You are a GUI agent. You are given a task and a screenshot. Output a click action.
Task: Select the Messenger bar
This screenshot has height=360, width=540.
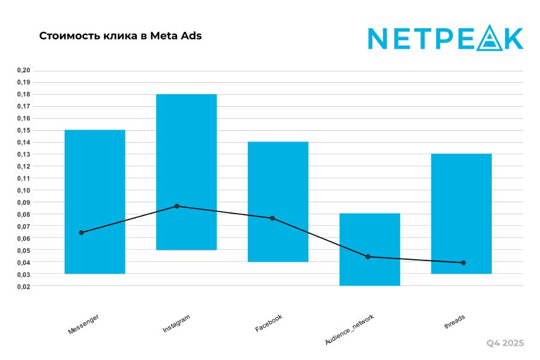click(x=95, y=180)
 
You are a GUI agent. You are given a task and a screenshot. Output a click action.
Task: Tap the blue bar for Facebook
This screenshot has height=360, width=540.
click(x=278, y=180)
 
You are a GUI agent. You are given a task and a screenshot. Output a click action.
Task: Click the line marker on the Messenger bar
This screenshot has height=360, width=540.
click(x=82, y=233)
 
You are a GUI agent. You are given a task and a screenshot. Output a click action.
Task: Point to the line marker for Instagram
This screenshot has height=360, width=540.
click(x=177, y=206)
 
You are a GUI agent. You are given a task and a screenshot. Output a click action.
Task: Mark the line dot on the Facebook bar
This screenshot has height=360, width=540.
click(x=272, y=218)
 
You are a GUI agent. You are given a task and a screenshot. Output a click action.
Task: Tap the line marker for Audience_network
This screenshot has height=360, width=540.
click(x=368, y=257)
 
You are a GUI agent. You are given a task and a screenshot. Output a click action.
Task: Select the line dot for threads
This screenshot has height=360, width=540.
click(x=463, y=263)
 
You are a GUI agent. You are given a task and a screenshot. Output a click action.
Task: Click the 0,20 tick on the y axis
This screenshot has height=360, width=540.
click(x=24, y=70)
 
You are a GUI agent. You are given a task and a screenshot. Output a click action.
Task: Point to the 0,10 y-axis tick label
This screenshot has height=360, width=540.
click(x=24, y=190)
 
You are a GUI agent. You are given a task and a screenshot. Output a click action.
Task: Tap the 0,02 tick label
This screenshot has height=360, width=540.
click(x=24, y=286)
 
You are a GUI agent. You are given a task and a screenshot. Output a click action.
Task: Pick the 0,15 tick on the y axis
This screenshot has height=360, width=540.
click(x=24, y=130)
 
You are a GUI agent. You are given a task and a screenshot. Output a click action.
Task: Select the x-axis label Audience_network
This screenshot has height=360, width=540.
click(x=349, y=329)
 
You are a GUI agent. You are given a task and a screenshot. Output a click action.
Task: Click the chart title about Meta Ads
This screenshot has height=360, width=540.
click(x=121, y=36)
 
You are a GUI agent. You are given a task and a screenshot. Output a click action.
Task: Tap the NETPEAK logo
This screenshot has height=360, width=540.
click(x=445, y=38)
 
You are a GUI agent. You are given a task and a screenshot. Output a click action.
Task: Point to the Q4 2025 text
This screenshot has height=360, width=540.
click(x=505, y=343)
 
